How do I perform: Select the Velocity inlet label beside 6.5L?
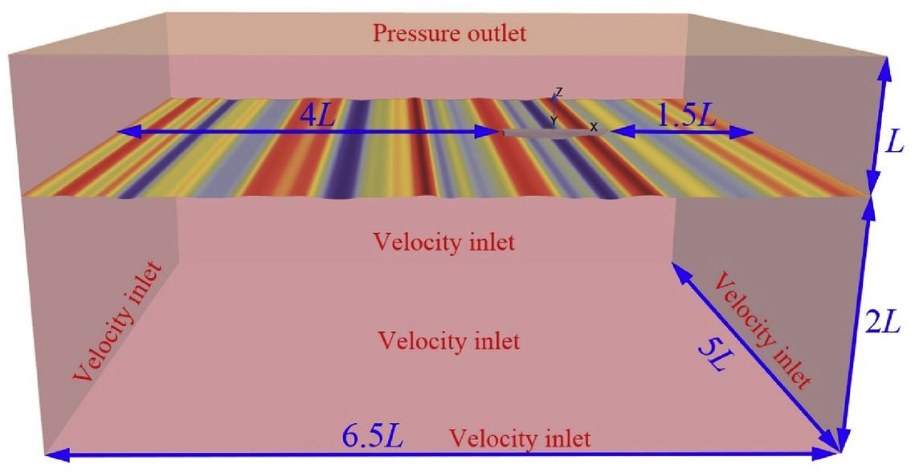[x=520, y=439]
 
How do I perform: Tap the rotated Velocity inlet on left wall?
[x=125, y=321]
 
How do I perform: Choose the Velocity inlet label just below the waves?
[x=444, y=241]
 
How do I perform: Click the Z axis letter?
[x=559, y=92]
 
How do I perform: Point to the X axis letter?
[x=594, y=126]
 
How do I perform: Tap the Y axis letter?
[x=553, y=120]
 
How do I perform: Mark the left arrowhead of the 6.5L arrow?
[x=48, y=455]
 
